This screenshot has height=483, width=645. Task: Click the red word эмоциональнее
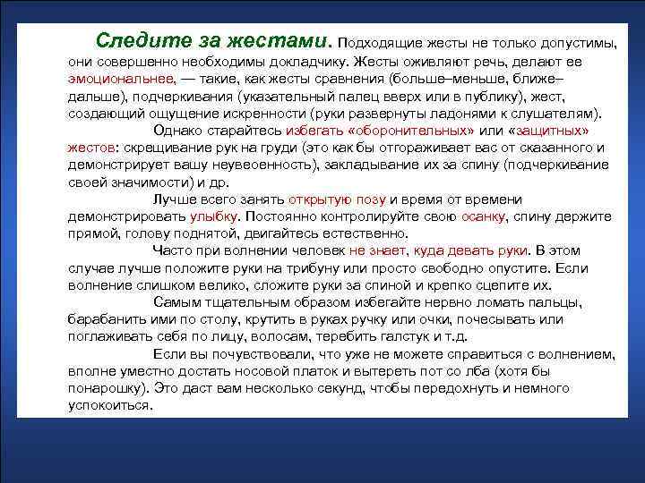pyautogui.click(x=113, y=80)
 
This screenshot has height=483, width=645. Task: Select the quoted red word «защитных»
pyautogui.click(x=568, y=131)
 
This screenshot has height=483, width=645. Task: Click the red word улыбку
pyautogui.click(x=215, y=216)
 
